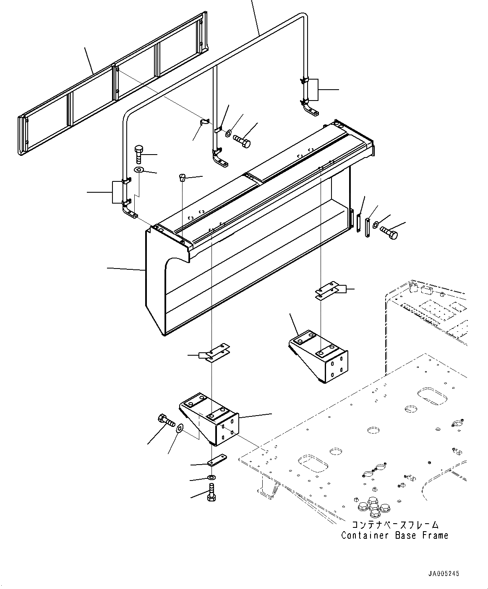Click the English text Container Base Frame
coord(394,535)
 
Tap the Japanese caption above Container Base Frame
coord(394,525)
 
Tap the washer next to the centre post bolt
coord(228,134)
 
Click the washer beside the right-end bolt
coord(375,224)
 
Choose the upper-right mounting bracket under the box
coord(319,354)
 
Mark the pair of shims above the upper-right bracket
coord(327,292)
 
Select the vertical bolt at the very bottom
coord(212,492)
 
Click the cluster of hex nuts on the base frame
coord(373,504)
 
